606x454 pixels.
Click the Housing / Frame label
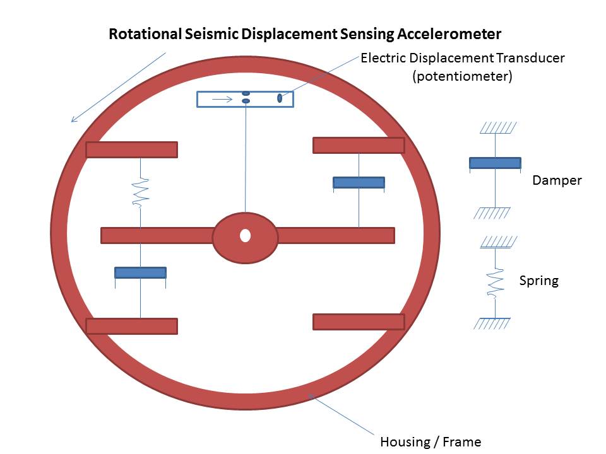[x=431, y=441]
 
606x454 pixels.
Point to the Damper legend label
[x=557, y=180]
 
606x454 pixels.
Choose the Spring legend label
[x=538, y=281]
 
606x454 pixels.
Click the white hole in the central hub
[x=245, y=236]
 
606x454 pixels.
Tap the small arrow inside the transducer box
[x=220, y=99]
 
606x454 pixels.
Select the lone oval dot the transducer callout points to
[x=280, y=98]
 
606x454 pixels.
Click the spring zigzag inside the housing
[x=140, y=191]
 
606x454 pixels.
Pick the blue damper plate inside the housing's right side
[x=359, y=182]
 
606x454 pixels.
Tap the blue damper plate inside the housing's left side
[x=140, y=272]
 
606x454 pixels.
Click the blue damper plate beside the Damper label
[x=495, y=163]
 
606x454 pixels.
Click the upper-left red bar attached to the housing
[x=131, y=149]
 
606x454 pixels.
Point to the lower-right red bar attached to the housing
[x=359, y=322]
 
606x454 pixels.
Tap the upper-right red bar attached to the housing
[x=359, y=145]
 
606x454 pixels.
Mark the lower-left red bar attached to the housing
[x=131, y=326]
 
